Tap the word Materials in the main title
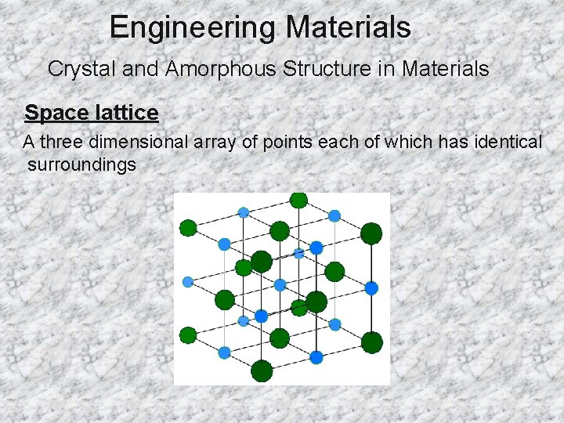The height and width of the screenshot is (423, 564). [348, 28]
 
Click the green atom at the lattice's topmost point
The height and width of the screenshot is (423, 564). [298, 200]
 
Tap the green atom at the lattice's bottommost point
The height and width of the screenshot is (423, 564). [262, 371]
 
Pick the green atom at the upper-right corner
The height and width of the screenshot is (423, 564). [371, 233]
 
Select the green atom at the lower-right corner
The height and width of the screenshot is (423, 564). [371, 342]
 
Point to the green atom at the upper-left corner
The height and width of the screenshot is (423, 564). [188, 228]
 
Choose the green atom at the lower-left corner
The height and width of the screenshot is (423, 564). [188, 335]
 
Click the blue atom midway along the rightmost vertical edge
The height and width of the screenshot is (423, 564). [371, 288]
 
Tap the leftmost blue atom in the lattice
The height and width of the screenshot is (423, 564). [188, 282]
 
